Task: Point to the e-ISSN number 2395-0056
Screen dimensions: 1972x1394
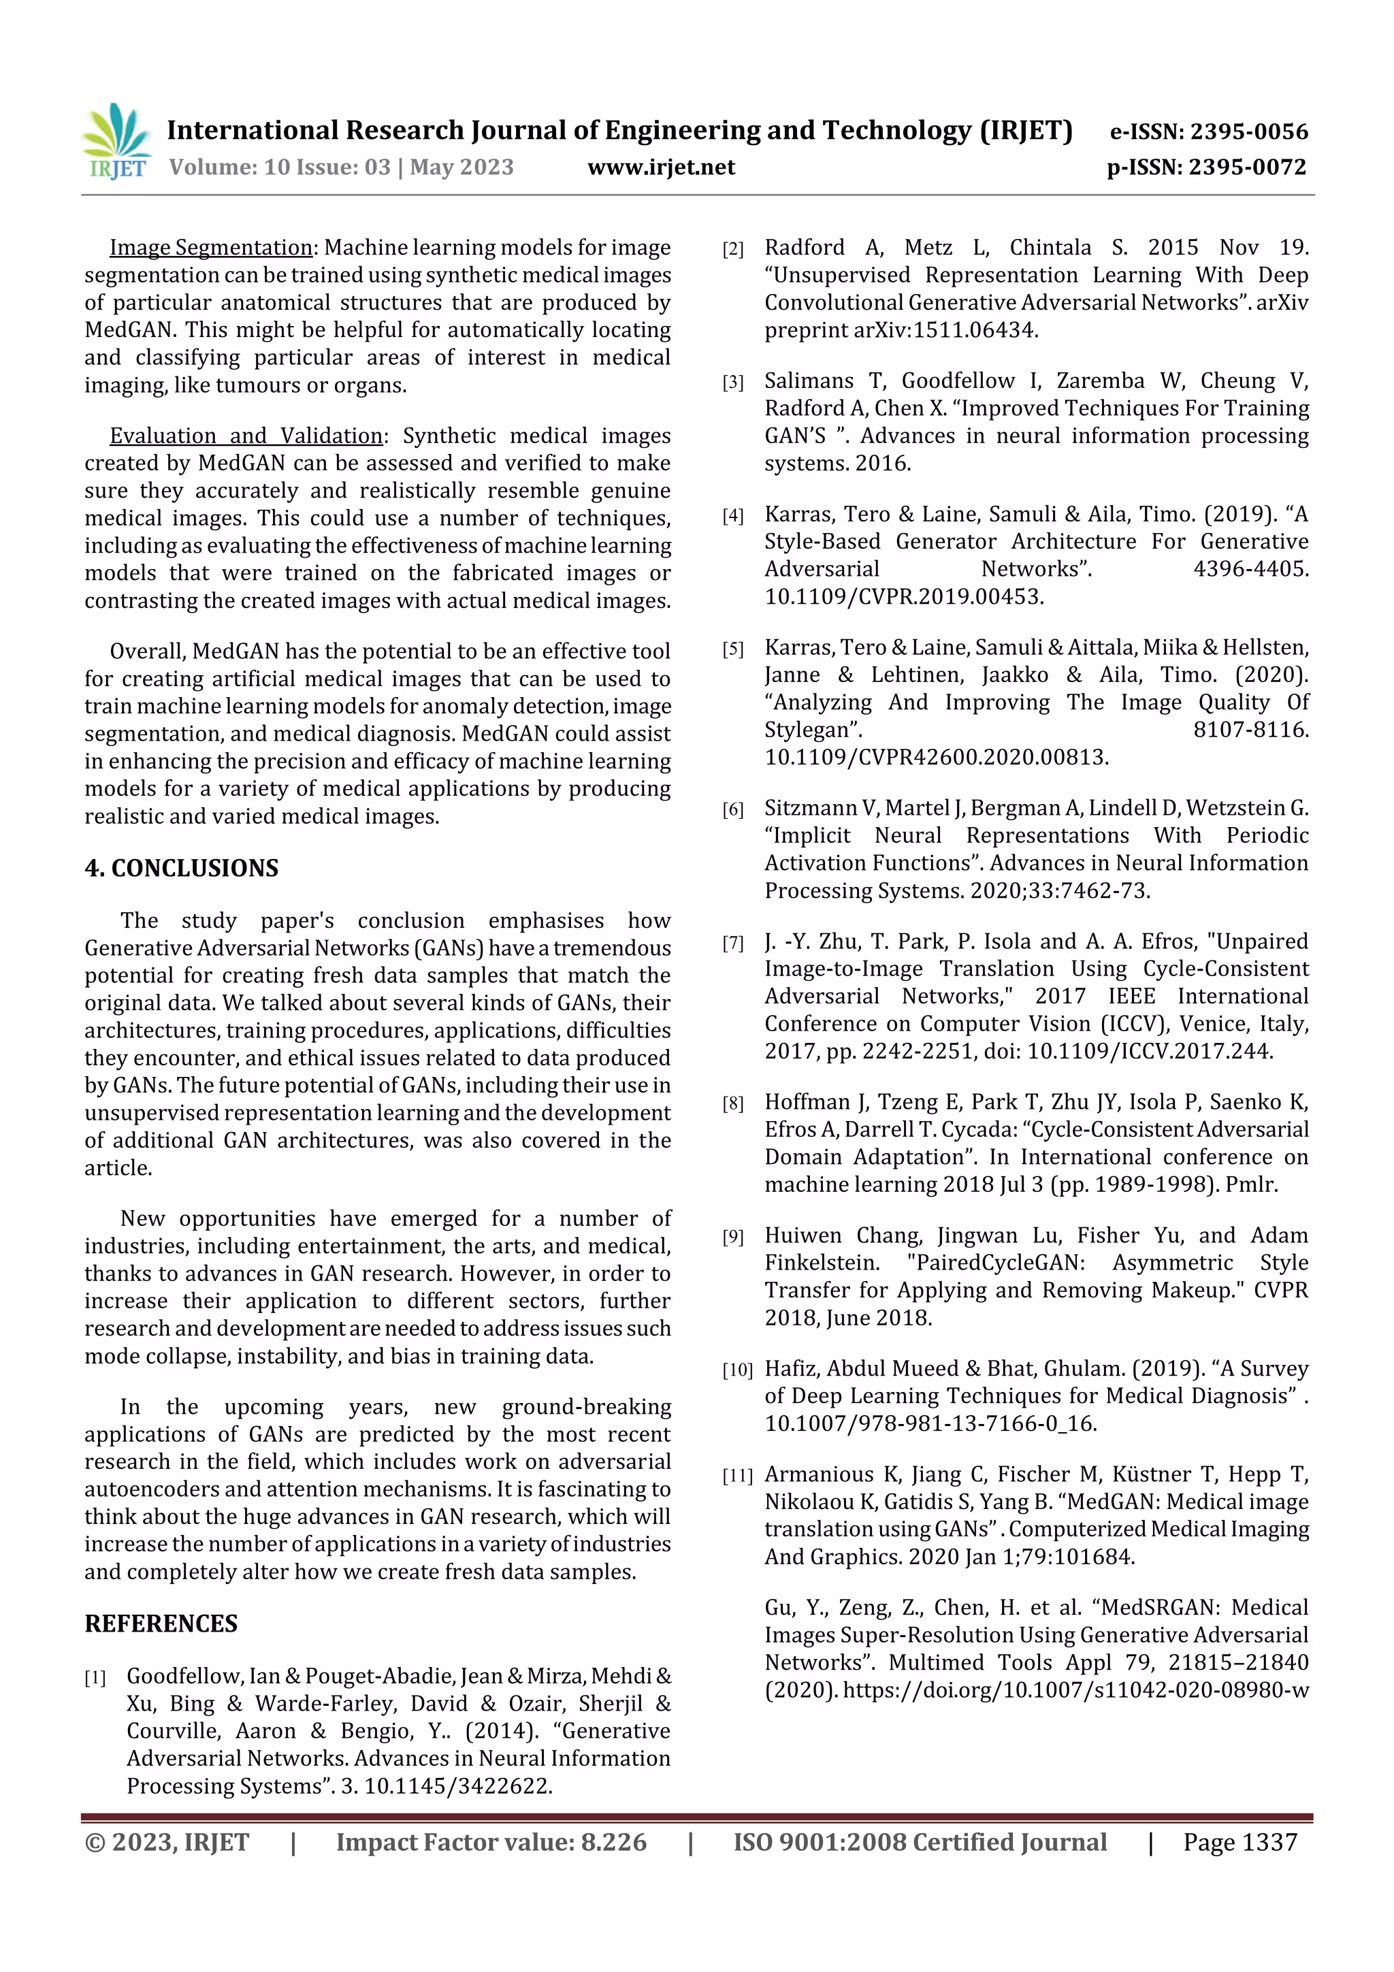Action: coord(1248,131)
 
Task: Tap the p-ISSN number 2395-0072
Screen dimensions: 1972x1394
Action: coord(1247,167)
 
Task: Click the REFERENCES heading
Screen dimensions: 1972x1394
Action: coord(161,1623)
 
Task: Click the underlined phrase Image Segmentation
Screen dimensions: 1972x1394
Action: coord(210,247)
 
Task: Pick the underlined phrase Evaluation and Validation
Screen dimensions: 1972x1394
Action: coord(246,436)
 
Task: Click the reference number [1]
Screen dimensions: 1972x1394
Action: coord(95,1677)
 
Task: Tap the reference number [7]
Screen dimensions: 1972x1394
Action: coord(732,943)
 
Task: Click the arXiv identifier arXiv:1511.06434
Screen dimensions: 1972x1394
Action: coord(945,330)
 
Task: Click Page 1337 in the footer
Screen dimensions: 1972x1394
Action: coord(1239,1841)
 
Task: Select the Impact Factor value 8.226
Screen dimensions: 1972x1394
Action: coord(613,1841)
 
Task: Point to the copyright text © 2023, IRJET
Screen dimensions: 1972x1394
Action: coord(167,1841)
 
